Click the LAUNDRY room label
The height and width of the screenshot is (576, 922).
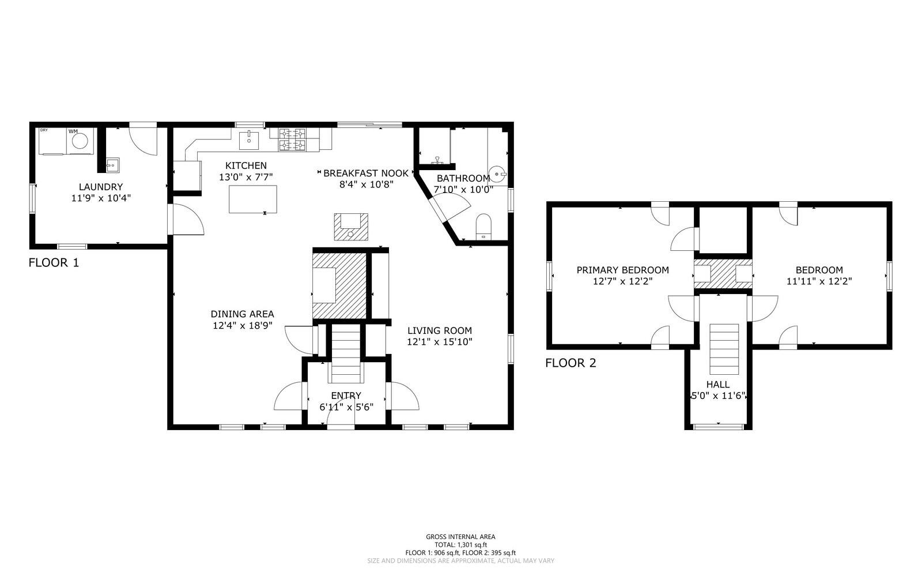[x=101, y=187]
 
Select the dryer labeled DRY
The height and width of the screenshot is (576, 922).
[x=52, y=141]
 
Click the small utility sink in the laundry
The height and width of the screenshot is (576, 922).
[x=111, y=165]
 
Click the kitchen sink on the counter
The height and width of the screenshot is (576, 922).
[x=249, y=139]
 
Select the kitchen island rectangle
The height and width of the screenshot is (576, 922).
[x=252, y=199]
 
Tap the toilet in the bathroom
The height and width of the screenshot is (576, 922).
[x=483, y=226]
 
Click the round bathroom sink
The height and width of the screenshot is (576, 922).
[x=498, y=172]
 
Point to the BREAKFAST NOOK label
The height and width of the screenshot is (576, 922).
[x=366, y=173]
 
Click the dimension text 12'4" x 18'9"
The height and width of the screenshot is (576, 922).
[x=242, y=325]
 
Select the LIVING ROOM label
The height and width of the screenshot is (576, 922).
[x=440, y=330]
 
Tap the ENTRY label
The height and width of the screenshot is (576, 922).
[x=346, y=396]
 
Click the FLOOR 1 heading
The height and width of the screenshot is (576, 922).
[x=54, y=263]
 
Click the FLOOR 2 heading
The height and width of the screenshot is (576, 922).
[x=570, y=363]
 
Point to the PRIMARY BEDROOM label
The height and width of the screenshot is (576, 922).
[x=622, y=270]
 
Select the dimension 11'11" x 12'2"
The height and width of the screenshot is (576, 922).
[x=819, y=281]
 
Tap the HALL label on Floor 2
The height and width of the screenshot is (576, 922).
[x=718, y=384]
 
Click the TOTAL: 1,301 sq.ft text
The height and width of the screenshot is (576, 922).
[x=460, y=544]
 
